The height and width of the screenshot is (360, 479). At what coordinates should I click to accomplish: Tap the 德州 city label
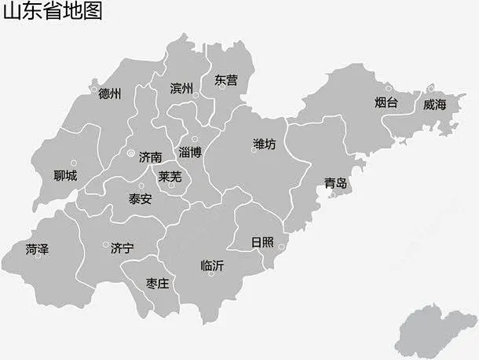click(110, 94)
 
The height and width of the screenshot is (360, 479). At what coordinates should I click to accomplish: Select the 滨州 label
click(181, 88)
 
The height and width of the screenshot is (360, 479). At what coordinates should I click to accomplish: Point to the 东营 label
click(225, 79)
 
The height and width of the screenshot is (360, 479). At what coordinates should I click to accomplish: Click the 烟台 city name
click(386, 103)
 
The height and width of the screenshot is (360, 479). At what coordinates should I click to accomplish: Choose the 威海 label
click(433, 104)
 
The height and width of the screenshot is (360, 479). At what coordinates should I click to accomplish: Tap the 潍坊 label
click(265, 144)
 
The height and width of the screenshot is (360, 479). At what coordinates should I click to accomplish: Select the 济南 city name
click(151, 156)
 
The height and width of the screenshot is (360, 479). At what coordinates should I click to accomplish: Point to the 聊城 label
click(65, 175)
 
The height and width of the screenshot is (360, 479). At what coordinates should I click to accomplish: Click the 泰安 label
click(141, 200)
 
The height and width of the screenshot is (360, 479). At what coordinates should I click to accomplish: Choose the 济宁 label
click(122, 248)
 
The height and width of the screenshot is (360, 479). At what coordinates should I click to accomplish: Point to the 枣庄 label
click(157, 283)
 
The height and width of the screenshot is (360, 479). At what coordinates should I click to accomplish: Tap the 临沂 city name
click(212, 266)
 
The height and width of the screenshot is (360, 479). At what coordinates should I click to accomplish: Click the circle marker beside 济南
click(130, 153)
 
